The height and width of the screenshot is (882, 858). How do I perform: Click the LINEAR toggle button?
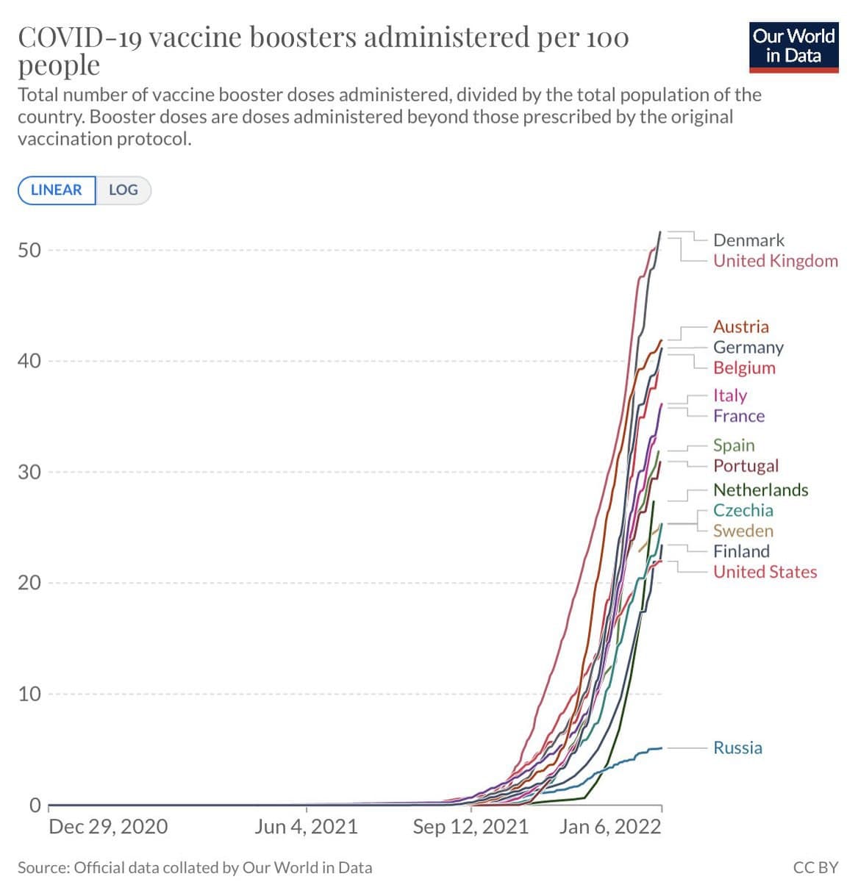57,190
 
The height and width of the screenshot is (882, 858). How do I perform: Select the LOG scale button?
123,190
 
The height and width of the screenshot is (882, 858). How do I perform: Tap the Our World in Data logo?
793,47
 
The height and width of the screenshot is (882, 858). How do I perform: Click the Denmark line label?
748,240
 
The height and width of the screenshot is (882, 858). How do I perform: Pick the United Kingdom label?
775,261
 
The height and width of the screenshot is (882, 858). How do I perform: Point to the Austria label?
740,327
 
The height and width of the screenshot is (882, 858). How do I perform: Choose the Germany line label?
748,348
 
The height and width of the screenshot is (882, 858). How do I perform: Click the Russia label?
737,747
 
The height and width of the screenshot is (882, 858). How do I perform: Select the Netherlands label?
760,490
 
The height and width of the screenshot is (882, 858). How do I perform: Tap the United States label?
765,572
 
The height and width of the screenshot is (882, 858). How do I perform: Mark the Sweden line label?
743,531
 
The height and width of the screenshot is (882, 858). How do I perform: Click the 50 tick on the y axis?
29,250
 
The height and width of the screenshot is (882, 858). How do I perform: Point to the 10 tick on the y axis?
29,694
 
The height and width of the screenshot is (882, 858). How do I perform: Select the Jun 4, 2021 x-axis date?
306,827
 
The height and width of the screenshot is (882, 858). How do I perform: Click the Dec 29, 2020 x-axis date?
108,827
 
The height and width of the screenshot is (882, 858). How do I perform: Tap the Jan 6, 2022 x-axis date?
609,827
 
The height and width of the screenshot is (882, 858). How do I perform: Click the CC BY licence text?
815,868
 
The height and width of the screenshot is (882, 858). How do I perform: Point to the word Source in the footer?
43,868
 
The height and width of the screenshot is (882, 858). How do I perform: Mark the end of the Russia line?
662,747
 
